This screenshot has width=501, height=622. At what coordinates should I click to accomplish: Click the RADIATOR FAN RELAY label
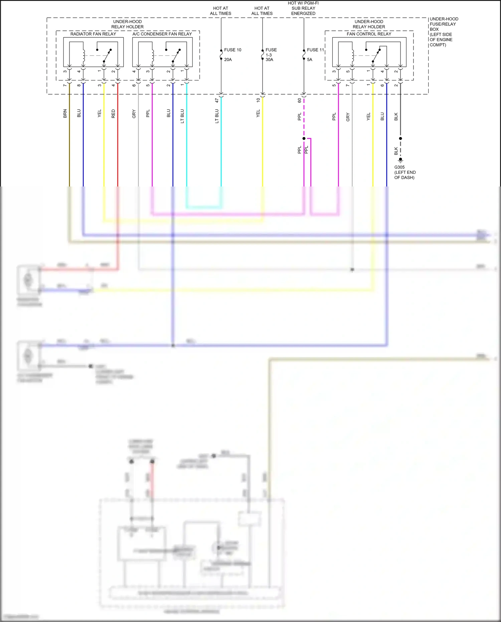click(93, 34)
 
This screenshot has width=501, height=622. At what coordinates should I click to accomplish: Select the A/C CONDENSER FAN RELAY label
click(162, 34)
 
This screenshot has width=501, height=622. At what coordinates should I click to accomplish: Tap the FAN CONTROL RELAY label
click(369, 34)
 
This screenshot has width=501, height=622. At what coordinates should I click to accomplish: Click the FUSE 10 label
click(232, 50)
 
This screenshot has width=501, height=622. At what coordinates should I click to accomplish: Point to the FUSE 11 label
click(315, 50)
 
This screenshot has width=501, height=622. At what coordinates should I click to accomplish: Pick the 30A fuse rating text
click(269, 60)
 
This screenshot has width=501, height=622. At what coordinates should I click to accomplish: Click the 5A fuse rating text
click(310, 60)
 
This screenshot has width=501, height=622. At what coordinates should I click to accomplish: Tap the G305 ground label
click(399, 167)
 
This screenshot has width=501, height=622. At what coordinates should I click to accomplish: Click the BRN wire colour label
click(65, 114)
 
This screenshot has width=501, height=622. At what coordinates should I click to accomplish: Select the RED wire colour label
click(113, 114)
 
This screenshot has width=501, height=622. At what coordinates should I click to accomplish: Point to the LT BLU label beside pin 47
click(217, 116)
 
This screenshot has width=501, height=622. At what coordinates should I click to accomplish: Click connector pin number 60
click(300, 100)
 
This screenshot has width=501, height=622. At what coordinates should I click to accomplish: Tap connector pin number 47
click(217, 100)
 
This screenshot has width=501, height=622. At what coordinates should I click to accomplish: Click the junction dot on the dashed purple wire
click(304, 138)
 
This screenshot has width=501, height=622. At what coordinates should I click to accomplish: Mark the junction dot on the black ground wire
click(400, 138)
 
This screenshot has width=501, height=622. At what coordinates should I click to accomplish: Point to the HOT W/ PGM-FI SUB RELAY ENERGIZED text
click(303, 8)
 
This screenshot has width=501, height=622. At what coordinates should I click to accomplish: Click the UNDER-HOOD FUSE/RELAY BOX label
click(444, 32)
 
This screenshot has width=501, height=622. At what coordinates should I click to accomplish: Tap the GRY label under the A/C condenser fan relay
click(134, 114)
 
